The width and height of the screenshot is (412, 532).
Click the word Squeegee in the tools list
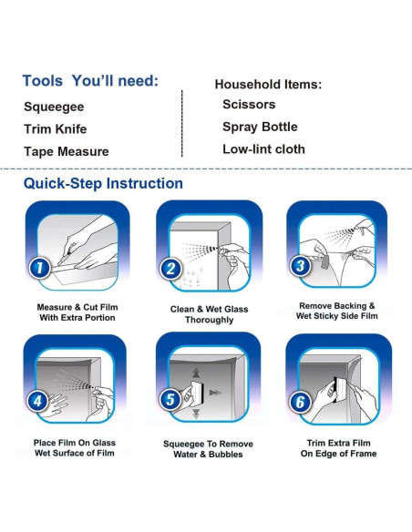(x=54, y=107)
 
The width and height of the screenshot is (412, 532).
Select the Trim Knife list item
(x=56, y=129)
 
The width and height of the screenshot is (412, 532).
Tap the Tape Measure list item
(x=67, y=151)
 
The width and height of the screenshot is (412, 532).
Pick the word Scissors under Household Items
(x=249, y=104)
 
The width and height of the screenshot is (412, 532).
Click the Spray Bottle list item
(x=260, y=127)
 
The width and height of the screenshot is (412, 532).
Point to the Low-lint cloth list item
(x=263, y=149)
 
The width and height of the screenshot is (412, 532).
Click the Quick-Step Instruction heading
(x=103, y=183)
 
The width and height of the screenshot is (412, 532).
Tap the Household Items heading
(x=268, y=84)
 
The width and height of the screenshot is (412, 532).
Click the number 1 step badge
(x=39, y=268)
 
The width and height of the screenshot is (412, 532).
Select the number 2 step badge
(x=170, y=269)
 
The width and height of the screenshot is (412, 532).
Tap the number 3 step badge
(x=301, y=265)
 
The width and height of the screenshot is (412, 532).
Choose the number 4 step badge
(x=37, y=401)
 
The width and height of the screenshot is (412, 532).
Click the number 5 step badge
(x=170, y=399)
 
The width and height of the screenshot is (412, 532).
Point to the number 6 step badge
(x=301, y=402)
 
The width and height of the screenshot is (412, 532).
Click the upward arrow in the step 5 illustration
(x=196, y=373)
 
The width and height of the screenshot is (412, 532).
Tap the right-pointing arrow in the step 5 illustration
(x=215, y=393)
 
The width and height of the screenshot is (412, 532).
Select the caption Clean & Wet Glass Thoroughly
(x=209, y=314)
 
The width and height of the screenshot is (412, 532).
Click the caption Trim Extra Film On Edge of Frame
(x=338, y=448)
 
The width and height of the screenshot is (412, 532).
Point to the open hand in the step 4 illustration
(x=56, y=405)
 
